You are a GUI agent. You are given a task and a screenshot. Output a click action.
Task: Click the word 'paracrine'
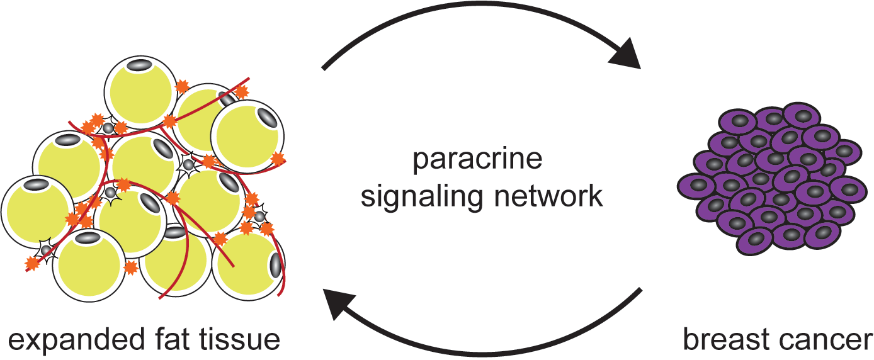pyautogui.click(x=477, y=160)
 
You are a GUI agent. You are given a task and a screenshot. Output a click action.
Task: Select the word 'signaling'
pyautogui.click(x=416, y=196)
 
